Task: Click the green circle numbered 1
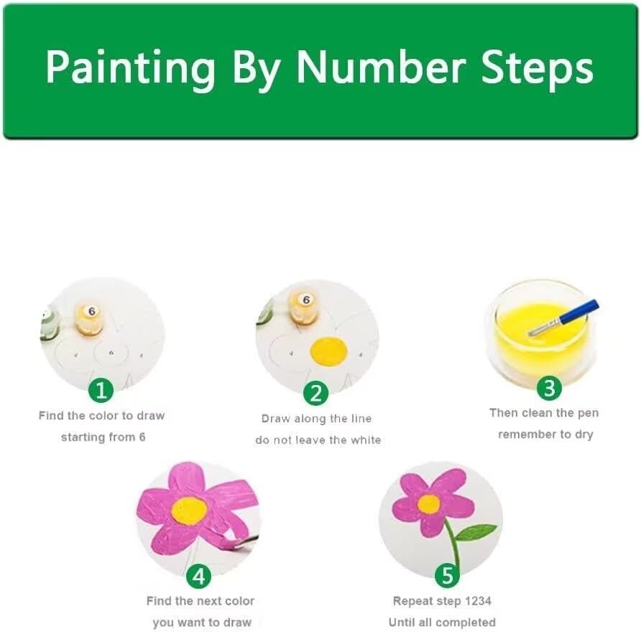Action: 101,391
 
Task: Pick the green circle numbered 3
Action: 549,389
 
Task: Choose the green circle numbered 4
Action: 199,576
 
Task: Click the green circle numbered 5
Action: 447,575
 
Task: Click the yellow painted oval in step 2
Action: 328,350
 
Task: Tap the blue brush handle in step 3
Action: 579,313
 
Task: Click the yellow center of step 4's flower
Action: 190,510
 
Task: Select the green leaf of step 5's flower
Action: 475,532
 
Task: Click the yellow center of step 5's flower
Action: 429,504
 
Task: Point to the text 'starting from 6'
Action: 103,437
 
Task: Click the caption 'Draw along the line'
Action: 317,418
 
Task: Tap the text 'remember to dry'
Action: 545,434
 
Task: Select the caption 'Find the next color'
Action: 200,600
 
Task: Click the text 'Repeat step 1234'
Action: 442,600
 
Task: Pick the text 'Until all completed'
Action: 442,622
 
